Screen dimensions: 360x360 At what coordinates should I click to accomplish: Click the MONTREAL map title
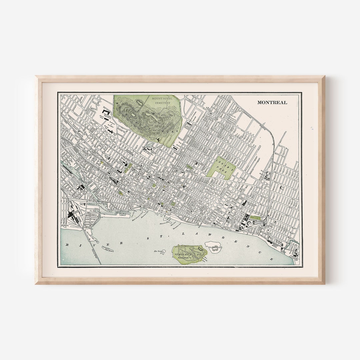pos(272,102)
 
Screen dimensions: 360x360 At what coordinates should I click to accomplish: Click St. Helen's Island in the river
pos(189,255)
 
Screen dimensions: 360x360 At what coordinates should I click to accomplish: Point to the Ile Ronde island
pos(213,247)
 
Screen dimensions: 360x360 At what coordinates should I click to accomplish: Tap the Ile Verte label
pos(158,251)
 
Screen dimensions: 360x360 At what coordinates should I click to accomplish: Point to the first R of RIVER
pos(67,245)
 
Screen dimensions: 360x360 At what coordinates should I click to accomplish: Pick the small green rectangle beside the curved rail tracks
pos(256,217)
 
